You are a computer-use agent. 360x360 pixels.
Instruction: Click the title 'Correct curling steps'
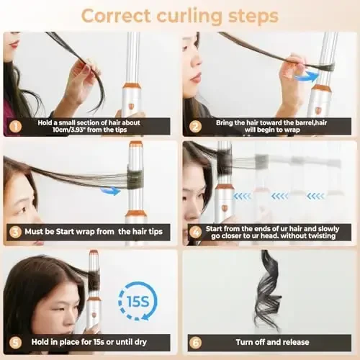pyautogui.click(x=180, y=14)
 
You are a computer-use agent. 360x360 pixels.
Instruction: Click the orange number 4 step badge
pyautogui.click(x=194, y=231)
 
